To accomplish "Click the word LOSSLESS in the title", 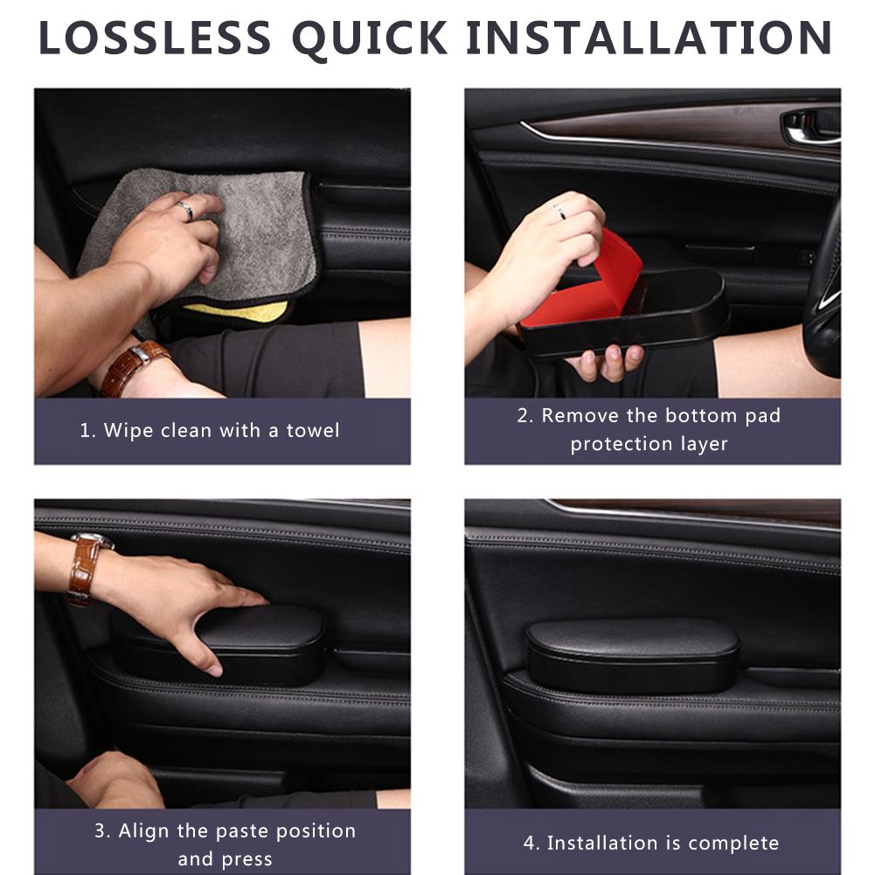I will pyautogui.click(x=156, y=38).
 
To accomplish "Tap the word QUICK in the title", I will pyautogui.click(x=370, y=38).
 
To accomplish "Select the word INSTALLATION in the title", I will pyautogui.click(x=649, y=38).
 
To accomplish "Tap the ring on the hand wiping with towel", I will pyautogui.click(x=185, y=209).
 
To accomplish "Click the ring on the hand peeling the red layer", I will pyautogui.click(x=558, y=211).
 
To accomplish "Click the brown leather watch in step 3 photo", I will pyautogui.click(x=85, y=567).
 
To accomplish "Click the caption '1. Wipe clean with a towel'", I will pyautogui.click(x=209, y=430).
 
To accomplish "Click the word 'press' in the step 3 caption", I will pyautogui.click(x=248, y=858).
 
